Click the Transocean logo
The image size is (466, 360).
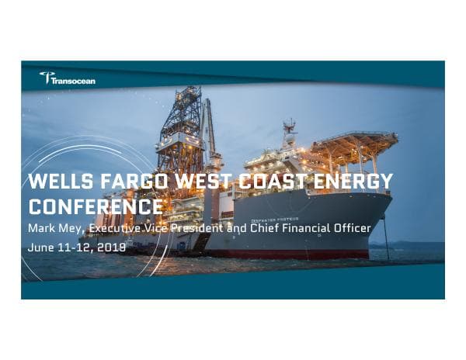click(x=68, y=78)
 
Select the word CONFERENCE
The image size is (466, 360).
click(x=96, y=206)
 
